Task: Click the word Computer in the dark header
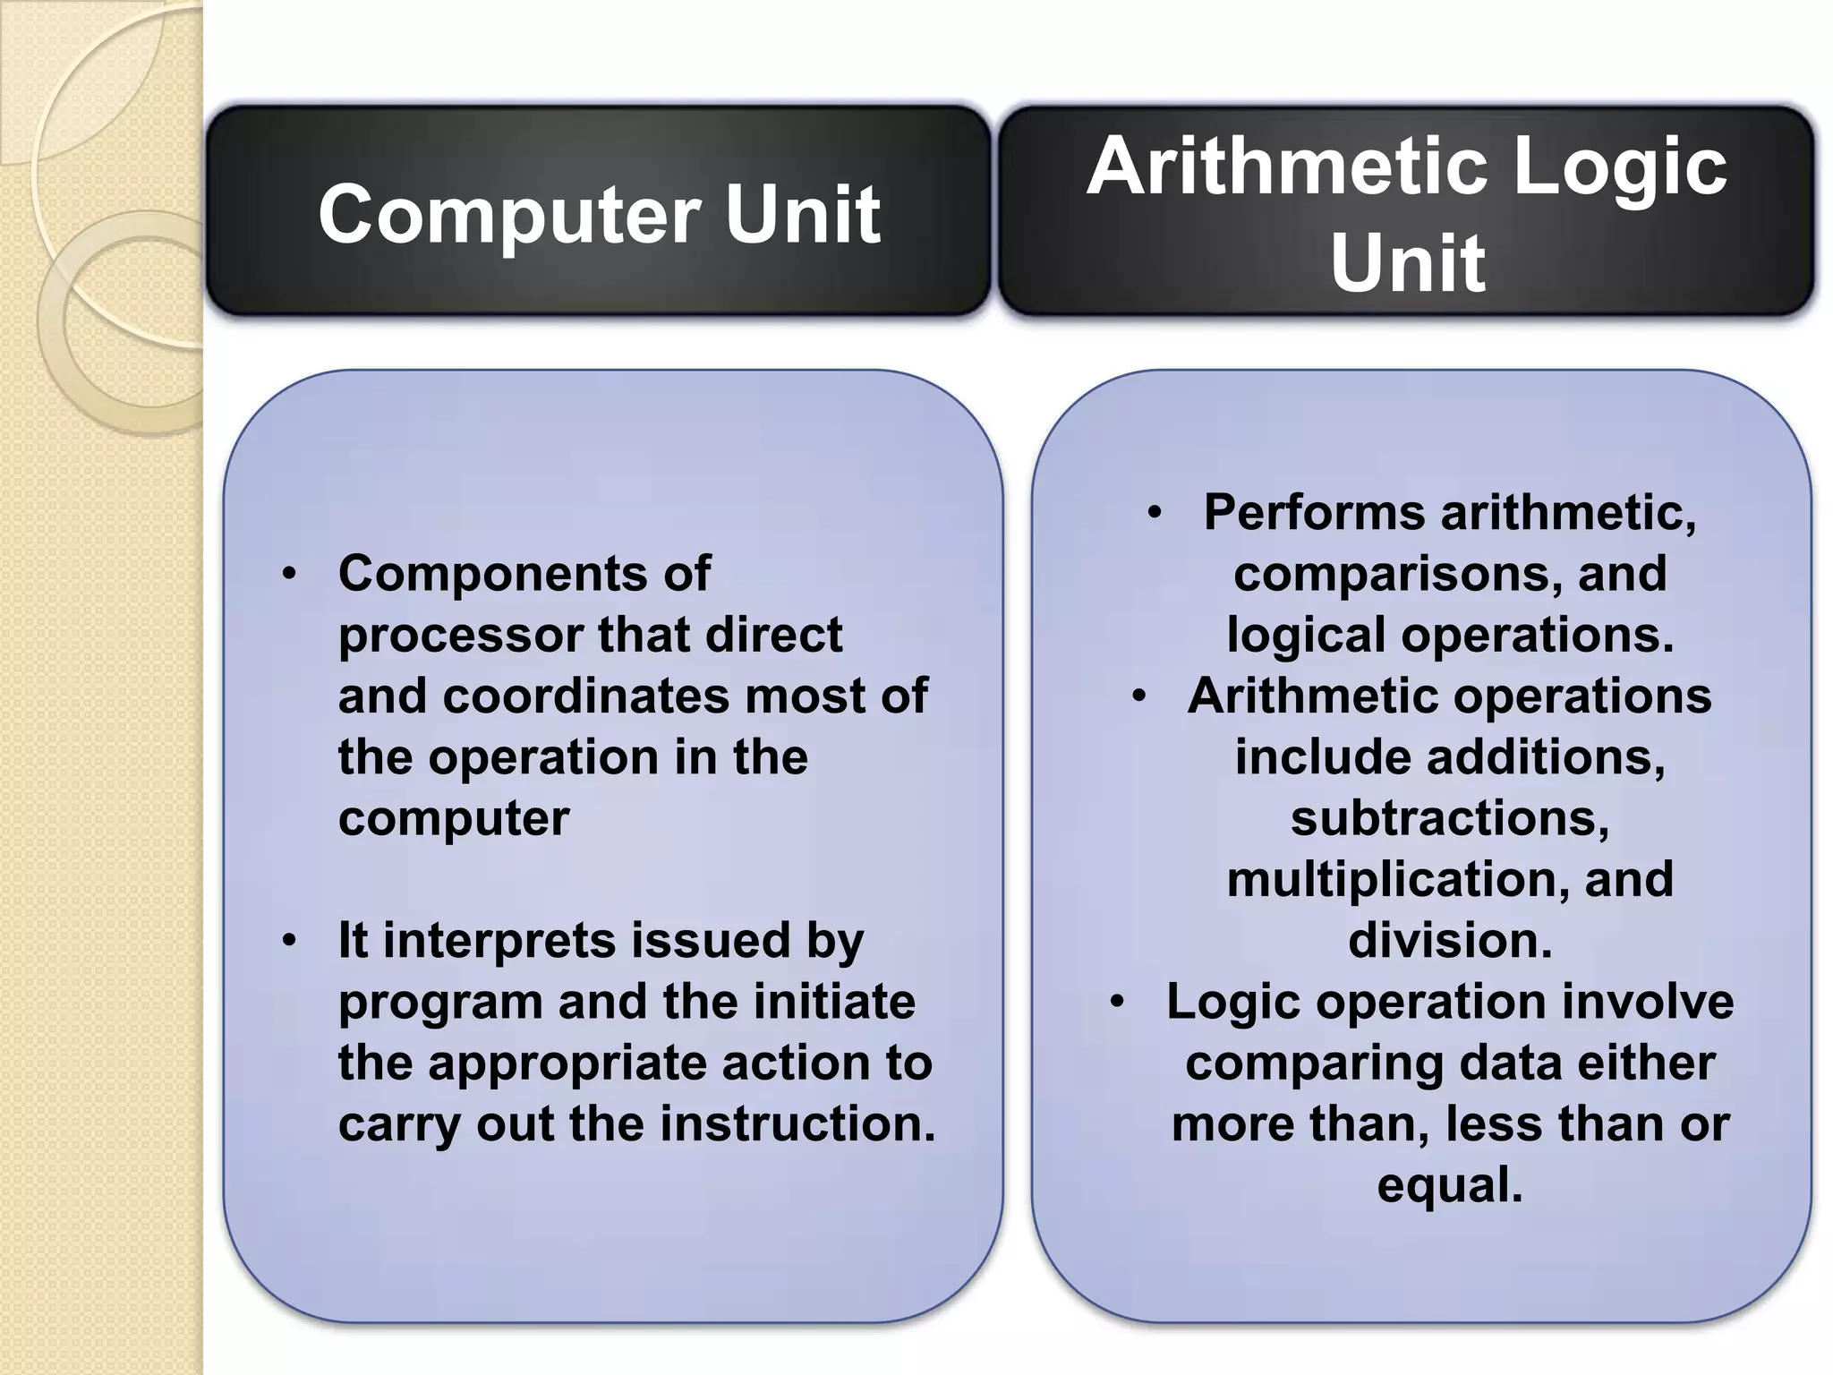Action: (x=509, y=215)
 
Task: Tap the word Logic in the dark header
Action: (x=1619, y=167)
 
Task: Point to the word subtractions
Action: (x=1449, y=818)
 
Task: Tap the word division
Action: (x=1449, y=941)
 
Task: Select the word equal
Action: (x=1449, y=1185)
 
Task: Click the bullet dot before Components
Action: (x=288, y=574)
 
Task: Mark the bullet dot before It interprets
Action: (x=288, y=941)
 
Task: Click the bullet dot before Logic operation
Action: (x=1117, y=1002)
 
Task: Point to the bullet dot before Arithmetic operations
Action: (x=1138, y=696)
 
